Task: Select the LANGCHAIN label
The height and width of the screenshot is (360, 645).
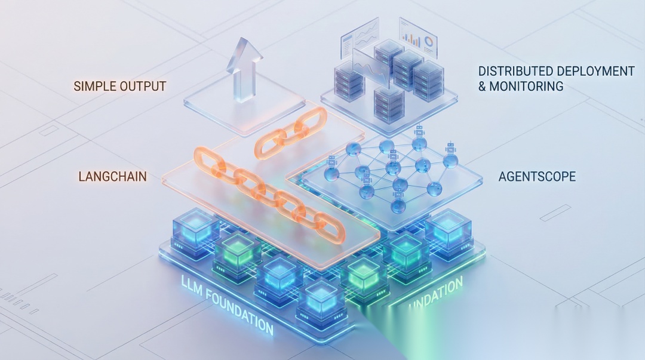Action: (113, 177)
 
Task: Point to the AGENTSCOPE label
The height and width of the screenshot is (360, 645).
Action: (537, 177)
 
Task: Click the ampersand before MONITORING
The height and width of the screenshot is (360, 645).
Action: (483, 87)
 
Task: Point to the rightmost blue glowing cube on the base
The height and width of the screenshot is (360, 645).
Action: (448, 229)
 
